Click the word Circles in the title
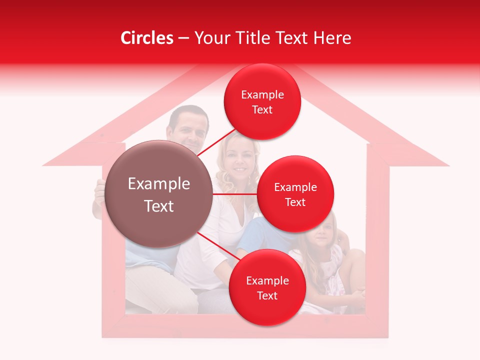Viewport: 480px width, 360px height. pos(147,38)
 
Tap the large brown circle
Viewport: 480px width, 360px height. pos(159,194)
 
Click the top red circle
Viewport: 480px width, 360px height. pos(262,101)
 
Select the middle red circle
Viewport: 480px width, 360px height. pos(295,194)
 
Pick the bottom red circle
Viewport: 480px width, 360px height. pos(267,287)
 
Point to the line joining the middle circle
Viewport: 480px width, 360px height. pos(235,194)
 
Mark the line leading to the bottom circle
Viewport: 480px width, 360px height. pos(219,247)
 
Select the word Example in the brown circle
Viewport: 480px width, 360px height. pos(159,184)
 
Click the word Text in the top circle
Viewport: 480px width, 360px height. pos(262,110)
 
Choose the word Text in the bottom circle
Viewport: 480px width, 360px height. pos(267,296)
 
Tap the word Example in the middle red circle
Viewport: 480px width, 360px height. pos(295,187)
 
